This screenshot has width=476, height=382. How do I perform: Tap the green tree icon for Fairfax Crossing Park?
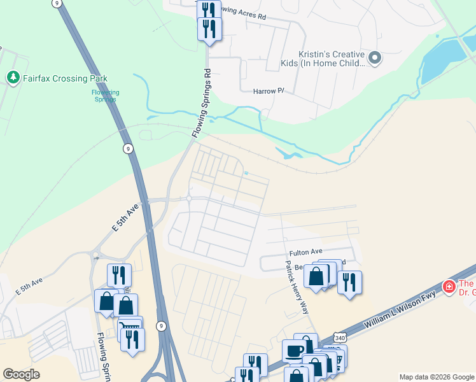click(x=13, y=78)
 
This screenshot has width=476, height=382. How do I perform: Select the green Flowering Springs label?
click(x=105, y=95)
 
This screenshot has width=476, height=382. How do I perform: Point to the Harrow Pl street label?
click(x=268, y=91)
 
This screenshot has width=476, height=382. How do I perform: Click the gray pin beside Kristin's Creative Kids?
click(x=375, y=59)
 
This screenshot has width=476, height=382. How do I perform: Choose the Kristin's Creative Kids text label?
click(x=323, y=59)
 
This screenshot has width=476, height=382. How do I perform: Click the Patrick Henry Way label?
click(x=297, y=286)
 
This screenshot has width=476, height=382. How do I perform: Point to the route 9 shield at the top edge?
click(x=58, y=3)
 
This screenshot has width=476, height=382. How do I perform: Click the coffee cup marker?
click(x=294, y=351)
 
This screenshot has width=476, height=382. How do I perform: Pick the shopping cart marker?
click(x=130, y=327)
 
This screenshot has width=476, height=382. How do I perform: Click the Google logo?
click(x=22, y=374)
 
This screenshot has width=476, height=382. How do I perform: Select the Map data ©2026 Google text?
click(x=437, y=377)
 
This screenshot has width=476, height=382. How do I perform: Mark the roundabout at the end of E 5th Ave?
click(x=189, y=199)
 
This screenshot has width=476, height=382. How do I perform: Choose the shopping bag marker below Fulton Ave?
click(x=316, y=276)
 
